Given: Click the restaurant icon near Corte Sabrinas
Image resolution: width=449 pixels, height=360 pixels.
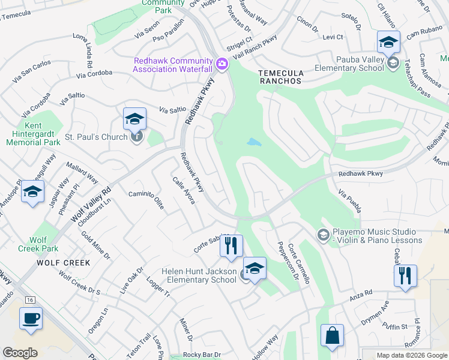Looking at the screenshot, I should (x=231, y=246).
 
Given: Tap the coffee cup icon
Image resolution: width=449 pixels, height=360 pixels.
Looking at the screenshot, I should (x=31, y=319).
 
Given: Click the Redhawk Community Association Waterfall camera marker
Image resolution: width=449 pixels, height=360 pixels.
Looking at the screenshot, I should (x=222, y=64).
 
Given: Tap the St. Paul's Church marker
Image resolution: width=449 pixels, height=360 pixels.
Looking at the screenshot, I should (x=137, y=137).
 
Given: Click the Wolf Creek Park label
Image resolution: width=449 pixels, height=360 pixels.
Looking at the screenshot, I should (x=38, y=244).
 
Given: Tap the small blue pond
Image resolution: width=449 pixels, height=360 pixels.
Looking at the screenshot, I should (x=254, y=142).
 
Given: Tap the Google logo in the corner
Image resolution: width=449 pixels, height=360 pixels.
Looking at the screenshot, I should (x=20, y=353).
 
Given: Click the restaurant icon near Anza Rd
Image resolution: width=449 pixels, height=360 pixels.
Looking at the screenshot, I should (x=405, y=276).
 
